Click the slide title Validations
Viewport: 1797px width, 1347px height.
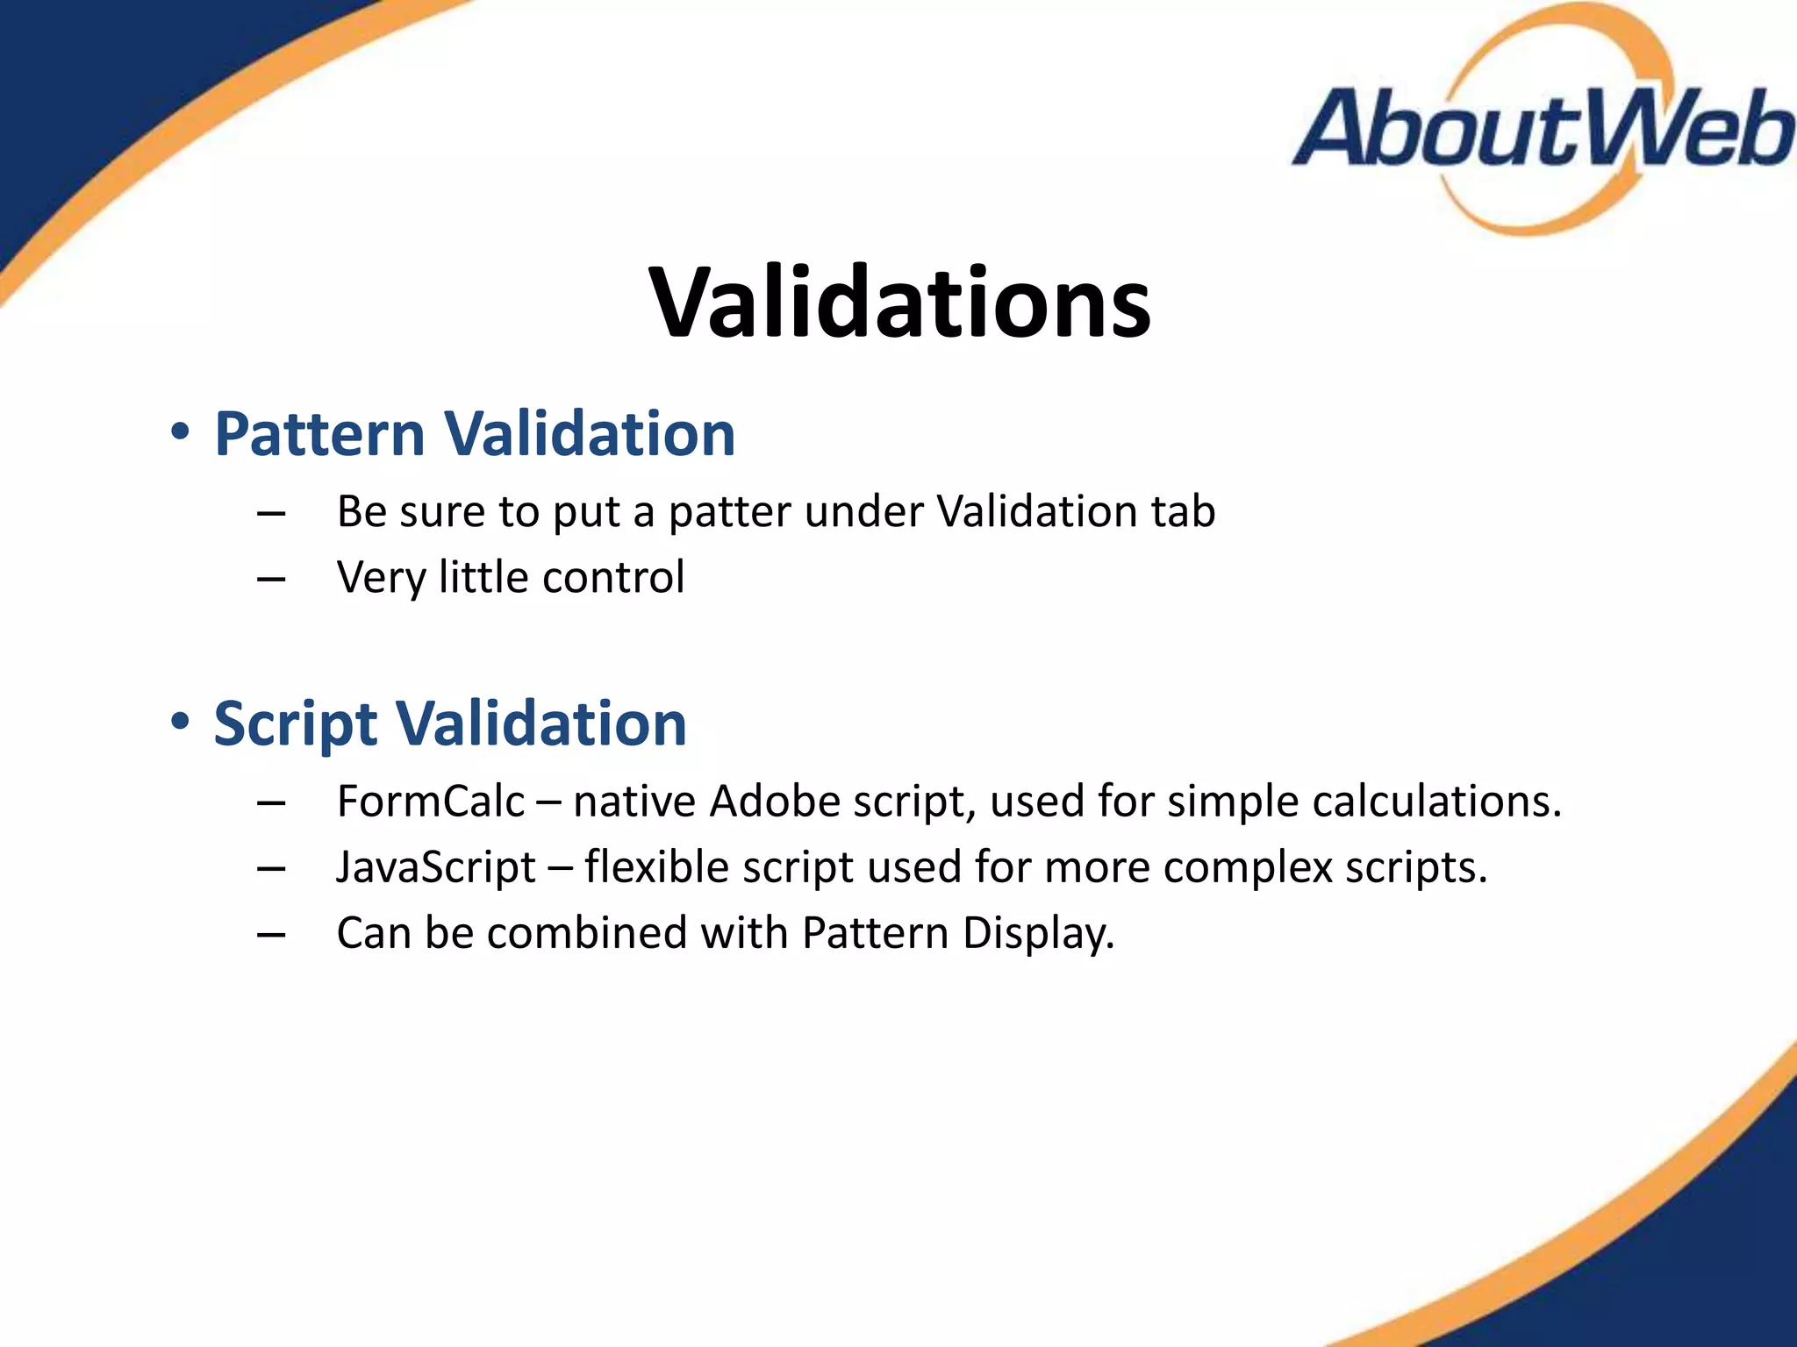[899, 303]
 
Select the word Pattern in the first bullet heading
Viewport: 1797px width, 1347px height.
[319, 434]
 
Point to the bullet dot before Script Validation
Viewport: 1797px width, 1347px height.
[180, 722]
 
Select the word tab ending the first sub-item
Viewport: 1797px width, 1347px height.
[1183, 511]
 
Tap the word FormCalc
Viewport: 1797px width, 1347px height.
[430, 802]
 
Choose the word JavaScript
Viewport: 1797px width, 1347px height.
[436, 868]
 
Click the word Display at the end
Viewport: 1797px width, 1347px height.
[1038, 934]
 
